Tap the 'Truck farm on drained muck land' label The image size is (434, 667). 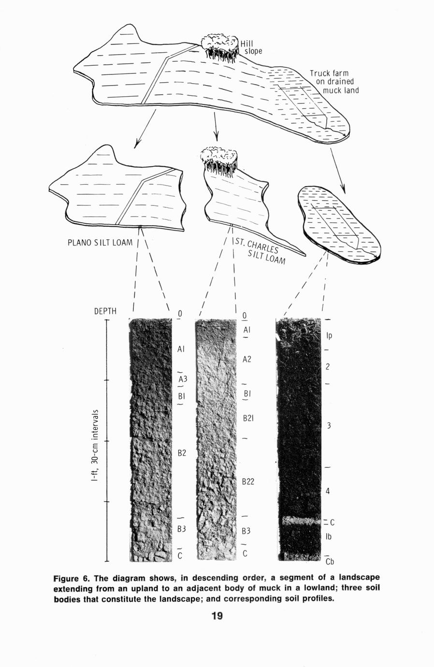(x=334, y=82)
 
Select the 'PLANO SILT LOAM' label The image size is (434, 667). (x=100, y=242)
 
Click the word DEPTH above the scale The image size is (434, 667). (x=105, y=311)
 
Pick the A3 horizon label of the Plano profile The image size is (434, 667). (x=183, y=379)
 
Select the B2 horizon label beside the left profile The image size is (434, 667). (x=182, y=453)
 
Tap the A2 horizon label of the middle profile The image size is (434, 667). (x=247, y=360)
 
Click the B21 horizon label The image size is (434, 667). (x=248, y=419)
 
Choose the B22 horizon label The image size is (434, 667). (x=248, y=481)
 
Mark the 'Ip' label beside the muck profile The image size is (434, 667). (x=329, y=336)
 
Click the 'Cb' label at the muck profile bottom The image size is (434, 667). (x=330, y=562)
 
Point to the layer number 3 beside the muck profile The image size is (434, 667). (x=329, y=425)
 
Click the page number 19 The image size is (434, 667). (x=217, y=615)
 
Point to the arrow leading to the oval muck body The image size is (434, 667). (x=337, y=171)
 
